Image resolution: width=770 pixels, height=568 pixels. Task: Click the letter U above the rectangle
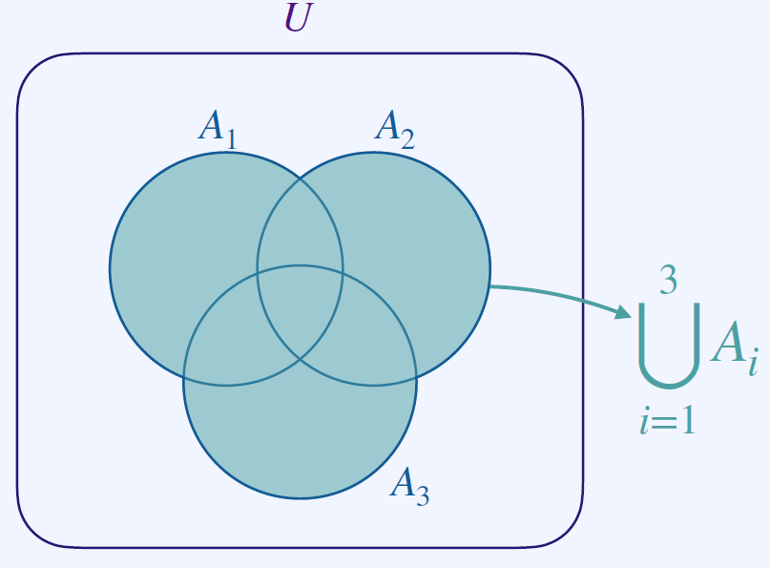(298, 18)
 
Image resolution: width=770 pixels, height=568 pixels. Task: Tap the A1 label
(216, 128)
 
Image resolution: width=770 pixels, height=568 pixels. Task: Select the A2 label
(393, 128)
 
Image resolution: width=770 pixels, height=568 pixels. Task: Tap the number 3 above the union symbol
(669, 281)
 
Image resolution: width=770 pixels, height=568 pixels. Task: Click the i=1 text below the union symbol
(667, 420)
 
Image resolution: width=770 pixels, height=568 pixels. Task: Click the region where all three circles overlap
(300, 305)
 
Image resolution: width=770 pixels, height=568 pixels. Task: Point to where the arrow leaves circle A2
(489, 285)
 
